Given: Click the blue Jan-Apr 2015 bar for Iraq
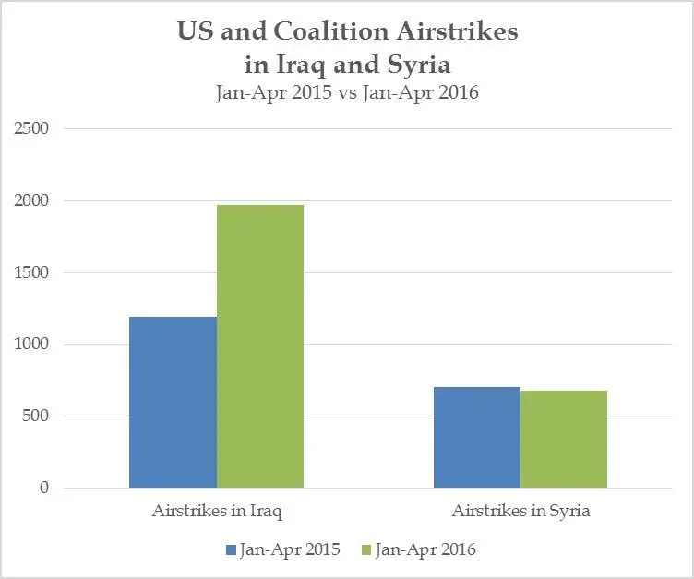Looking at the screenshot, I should (173, 402).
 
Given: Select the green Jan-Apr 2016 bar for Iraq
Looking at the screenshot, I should (260, 346).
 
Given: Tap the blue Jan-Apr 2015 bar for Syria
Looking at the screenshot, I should (477, 437).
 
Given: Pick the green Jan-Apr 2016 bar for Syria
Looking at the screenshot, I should (564, 439).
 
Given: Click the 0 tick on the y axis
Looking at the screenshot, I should (43, 488).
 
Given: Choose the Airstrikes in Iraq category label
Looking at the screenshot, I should (216, 511).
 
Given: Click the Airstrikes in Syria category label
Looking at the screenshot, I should (520, 511).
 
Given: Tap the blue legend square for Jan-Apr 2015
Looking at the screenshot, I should (231, 550).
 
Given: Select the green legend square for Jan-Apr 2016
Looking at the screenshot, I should (366, 550).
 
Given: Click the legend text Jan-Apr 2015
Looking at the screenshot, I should (290, 550).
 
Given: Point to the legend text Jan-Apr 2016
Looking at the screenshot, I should (425, 550).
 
